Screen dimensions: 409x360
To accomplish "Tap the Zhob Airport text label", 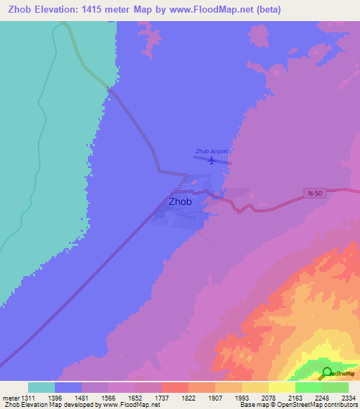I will click(212, 151).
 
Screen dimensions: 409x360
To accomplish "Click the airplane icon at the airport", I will click(212, 160).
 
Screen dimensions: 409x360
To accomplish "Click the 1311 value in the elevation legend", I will click(28, 398).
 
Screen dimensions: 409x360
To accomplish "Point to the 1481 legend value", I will click(82, 398).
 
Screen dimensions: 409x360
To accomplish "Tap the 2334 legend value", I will click(349, 398).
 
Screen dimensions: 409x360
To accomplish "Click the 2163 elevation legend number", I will click(296, 398).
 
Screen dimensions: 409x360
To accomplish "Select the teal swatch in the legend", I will click(41, 387).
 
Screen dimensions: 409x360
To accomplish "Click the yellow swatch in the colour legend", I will click(281, 387).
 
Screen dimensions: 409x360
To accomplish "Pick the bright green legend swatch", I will click(308, 387).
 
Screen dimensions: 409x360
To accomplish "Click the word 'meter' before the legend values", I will click(11, 398).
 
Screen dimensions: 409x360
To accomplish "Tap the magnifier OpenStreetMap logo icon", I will click(328, 373).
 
